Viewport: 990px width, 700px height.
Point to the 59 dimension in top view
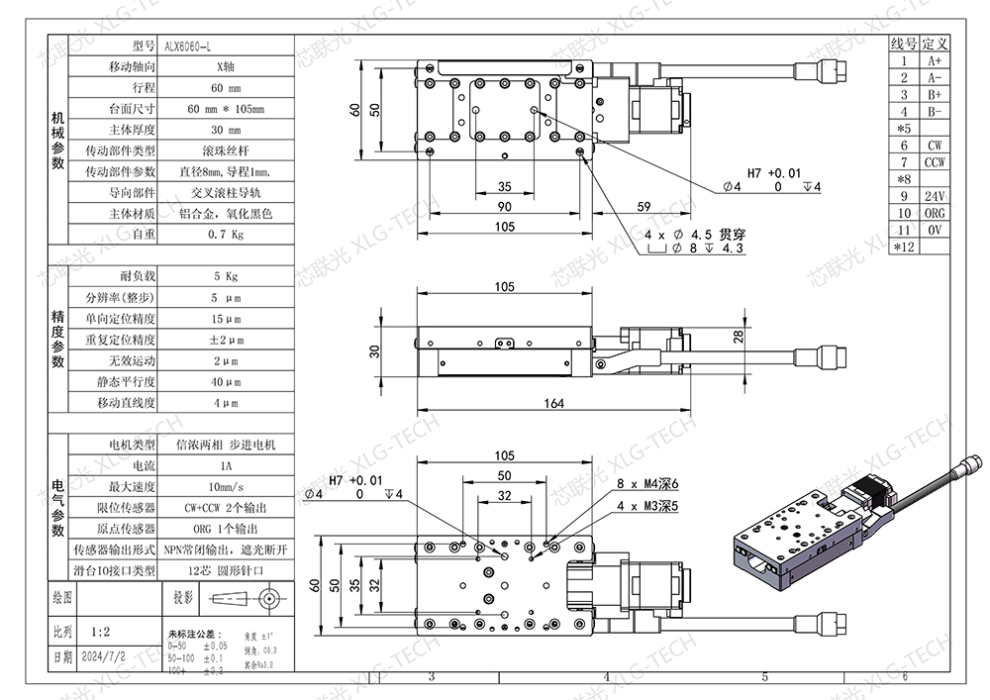(x=643, y=207)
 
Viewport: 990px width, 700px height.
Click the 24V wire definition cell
(x=935, y=196)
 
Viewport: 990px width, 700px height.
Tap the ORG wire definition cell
(x=935, y=213)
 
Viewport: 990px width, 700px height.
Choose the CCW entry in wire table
(x=935, y=161)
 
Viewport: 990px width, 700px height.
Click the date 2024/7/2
(x=103, y=656)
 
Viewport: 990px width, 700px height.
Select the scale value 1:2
(x=99, y=630)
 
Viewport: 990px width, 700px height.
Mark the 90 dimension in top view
(x=504, y=207)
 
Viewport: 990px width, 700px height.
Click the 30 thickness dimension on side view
(x=374, y=351)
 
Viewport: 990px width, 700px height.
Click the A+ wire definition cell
(x=935, y=60)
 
